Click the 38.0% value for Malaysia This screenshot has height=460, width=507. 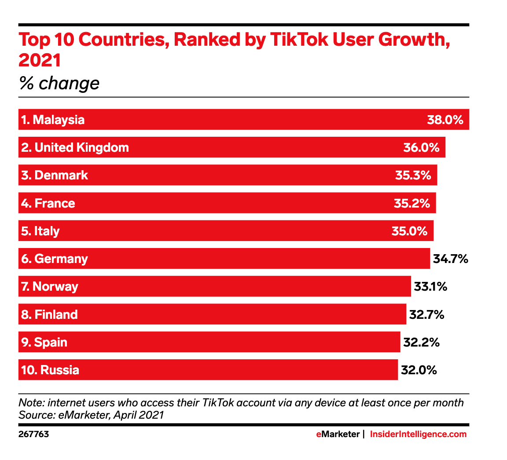point(445,120)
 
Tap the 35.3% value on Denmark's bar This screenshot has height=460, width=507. point(413,175)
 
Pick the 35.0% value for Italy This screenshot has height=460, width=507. point(409,231)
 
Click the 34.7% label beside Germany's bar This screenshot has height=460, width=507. point(450,259)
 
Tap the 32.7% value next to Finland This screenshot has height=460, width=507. point(426,314)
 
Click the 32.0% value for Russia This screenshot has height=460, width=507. point(419,370)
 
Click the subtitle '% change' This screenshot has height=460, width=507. point(59,83)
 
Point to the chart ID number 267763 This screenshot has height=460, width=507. point(33,434)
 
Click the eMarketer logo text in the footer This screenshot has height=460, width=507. point(338,434)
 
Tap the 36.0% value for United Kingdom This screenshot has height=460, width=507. point(421,147)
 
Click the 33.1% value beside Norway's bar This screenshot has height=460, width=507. point(430,286)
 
